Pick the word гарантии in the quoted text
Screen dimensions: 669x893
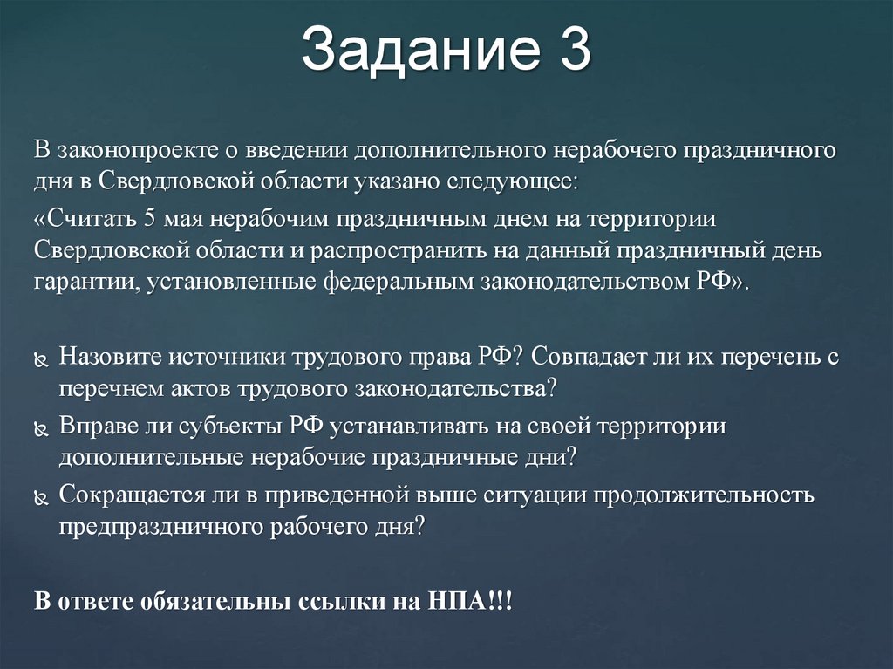pos(86,283)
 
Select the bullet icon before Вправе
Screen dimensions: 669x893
pos(43,427)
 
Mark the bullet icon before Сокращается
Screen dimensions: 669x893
pos(43,495)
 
